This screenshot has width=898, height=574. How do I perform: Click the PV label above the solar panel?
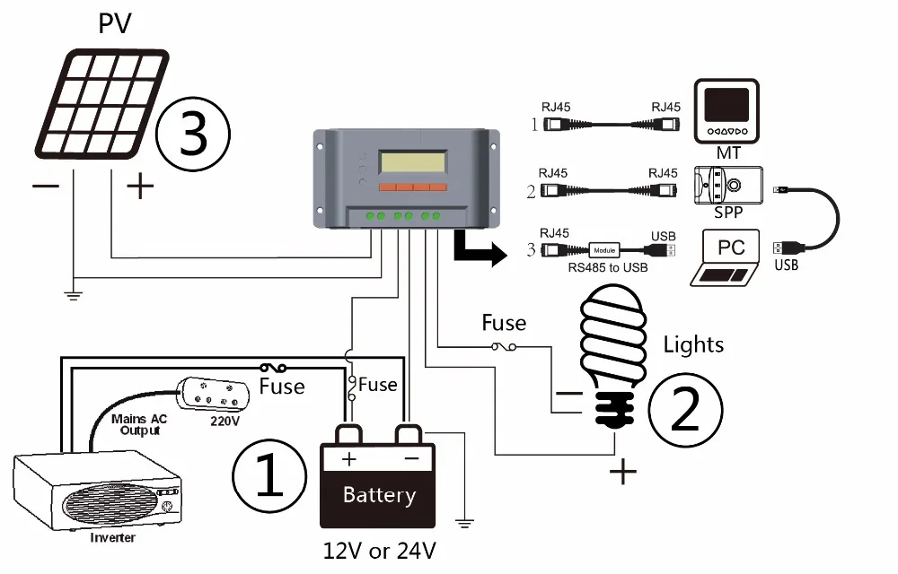pos(114,23)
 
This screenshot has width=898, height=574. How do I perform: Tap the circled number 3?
pos(193,135)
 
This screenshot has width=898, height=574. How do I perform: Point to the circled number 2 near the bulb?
pos(684,409)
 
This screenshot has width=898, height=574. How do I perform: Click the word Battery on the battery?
pos(379,495)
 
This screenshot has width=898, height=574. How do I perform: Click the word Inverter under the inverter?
pos(113,538)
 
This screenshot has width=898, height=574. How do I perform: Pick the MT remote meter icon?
pos(727,115)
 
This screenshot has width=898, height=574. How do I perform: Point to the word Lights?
pos(693,344)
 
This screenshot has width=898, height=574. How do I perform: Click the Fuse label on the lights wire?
pos(504,322)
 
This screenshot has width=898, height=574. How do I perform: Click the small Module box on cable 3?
pos(604,250)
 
